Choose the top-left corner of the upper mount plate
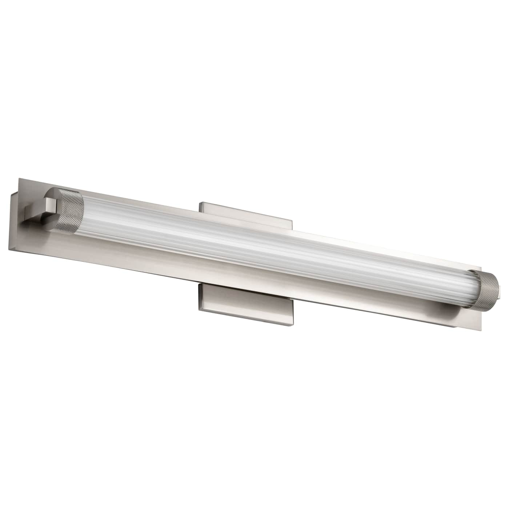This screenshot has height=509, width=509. [199, 203]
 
